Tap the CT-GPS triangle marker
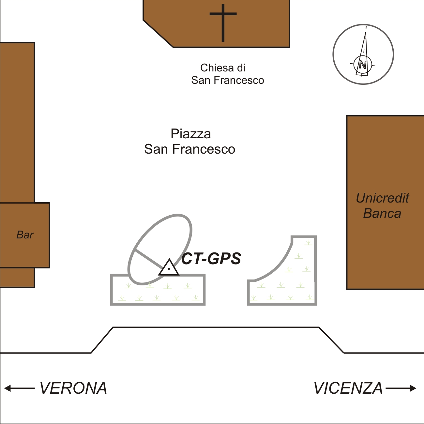point(169,267)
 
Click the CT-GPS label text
point(211,259)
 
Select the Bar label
point(25,235)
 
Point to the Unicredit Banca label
point(382,205)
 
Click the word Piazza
point(191,134)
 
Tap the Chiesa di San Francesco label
point(228,74)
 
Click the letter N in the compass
point(363,65)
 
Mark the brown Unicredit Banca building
point(385,154)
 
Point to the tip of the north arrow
point(366,33)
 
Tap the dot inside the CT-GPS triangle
point(169,269)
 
